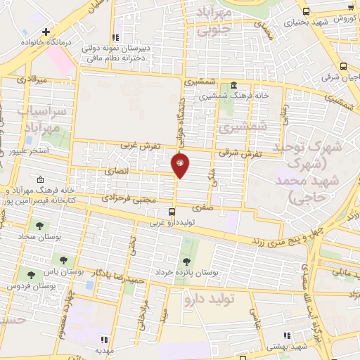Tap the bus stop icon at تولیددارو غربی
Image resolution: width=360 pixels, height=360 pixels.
pyautogui.click(x=172, y=211)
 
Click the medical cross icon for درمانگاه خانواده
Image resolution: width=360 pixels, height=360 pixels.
pyautogui.click(x=46, y=32)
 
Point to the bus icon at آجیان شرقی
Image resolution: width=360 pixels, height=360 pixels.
pyautogui.click(x=342, y=66)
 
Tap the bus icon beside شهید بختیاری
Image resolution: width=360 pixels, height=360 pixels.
pyautogui.click(x=307, y=11)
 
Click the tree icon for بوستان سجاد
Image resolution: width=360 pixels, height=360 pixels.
pyautogui.click(x=39, y=226)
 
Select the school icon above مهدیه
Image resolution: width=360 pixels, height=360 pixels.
pyautogui.click(x=104, y=339)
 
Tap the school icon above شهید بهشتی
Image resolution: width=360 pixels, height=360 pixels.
pyautogui.click(x=286, y=337)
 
